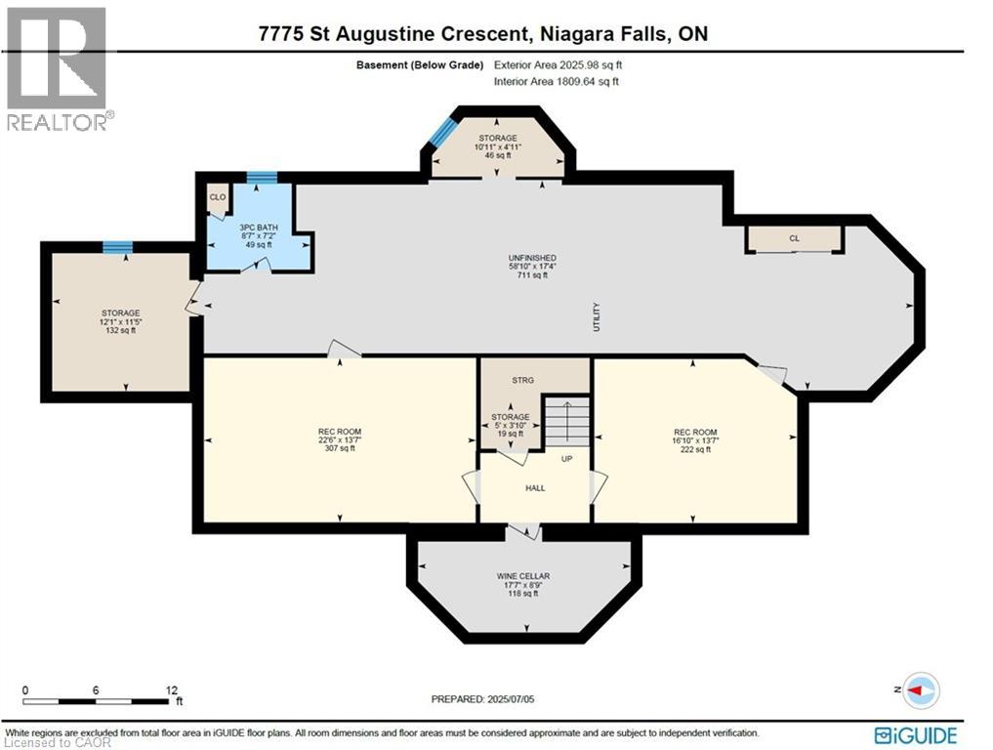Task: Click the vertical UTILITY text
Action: [x=598, y=317]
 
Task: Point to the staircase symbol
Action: [x=567, y=419]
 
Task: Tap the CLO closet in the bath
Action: [x=217, y=196]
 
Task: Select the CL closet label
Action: [x=794, y=237]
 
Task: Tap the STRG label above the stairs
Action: [x=523, y=381]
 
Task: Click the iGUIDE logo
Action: [x=916, y=734]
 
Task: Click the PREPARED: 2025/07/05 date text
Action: [x=484, y=699]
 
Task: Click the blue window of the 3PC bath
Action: [x=261, y=177]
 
